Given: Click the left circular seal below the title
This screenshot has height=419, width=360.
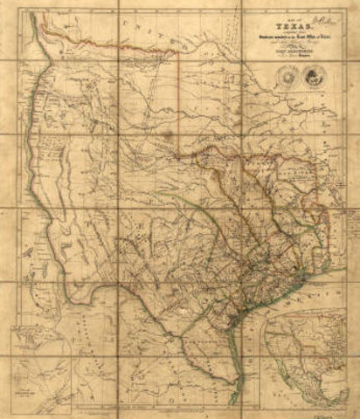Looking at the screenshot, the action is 289,77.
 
